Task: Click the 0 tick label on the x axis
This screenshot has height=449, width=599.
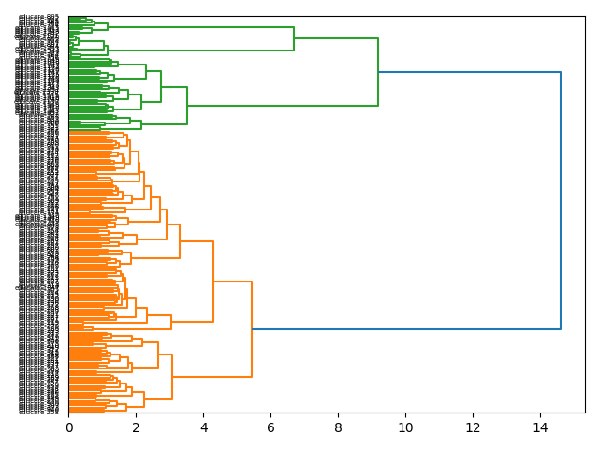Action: pos(68,427)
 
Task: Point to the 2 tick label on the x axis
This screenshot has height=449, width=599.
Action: pos(136,427)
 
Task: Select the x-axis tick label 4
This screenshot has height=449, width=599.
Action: pos(203,427)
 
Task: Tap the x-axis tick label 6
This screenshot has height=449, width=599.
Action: pos(270,427)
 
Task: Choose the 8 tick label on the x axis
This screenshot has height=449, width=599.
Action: pos(338,427)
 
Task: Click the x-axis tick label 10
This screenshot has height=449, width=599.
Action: pos(405,427)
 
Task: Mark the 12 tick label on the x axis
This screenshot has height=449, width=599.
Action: pos(473,427)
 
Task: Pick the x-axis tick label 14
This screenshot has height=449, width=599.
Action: pos(540,427)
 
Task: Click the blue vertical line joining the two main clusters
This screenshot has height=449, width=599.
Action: pos(561,200)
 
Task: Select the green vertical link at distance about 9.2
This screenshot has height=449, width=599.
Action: pos(378,72)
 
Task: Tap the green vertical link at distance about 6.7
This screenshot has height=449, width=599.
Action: pos(294,38)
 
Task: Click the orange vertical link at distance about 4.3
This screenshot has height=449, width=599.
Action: pos(213,281)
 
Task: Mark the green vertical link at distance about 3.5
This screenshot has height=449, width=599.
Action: pos(187,105)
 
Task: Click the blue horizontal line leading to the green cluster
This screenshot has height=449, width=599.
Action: pos(469,72)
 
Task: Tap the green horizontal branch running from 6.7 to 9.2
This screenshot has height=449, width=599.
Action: pos(336,38)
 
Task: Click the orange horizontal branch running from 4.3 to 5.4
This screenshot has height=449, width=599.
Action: pos(232,282)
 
